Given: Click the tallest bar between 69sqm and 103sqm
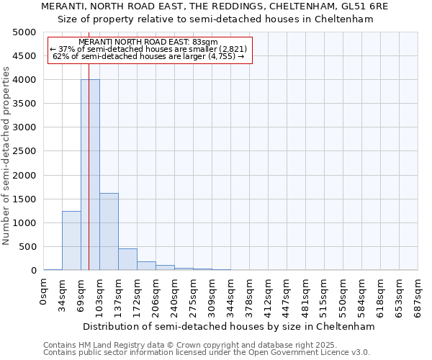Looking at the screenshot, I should point(90,174).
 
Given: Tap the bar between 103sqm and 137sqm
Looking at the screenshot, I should point(109,231).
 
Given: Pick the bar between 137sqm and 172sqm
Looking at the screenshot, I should point(127,259).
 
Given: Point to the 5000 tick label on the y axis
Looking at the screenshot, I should point(24,32).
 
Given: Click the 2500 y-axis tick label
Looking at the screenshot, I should point(24,151).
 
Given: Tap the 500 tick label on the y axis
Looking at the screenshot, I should point(27,247).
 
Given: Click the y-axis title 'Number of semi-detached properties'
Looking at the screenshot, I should point(7,156).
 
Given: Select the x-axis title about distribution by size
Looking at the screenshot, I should point(230,326).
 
